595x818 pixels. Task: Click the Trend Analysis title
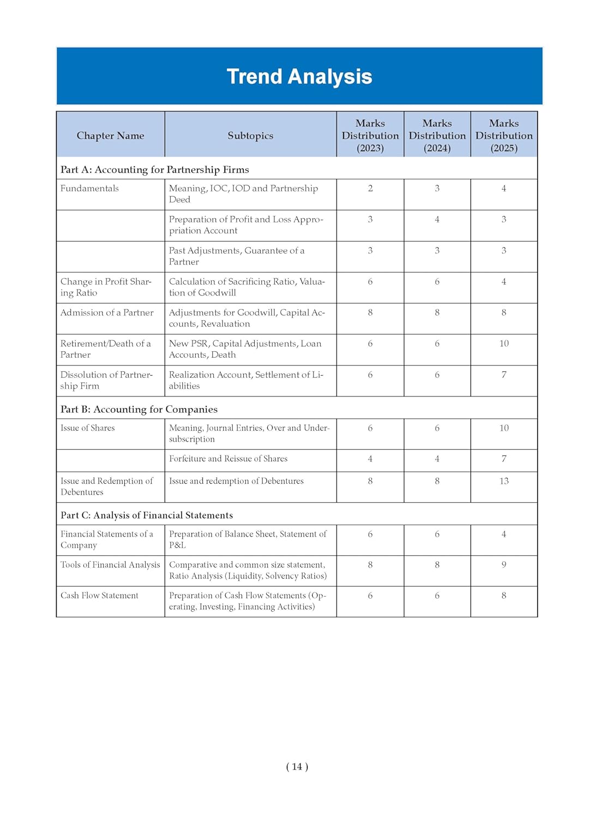(299, 77)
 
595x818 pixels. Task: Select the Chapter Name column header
(110, 136)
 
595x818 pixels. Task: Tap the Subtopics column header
(250, 136)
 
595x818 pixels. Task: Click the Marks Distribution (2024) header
(437, 136)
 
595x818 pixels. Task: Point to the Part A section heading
(154, 170)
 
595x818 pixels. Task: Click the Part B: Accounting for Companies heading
(139, 410)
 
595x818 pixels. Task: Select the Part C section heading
(146, 515)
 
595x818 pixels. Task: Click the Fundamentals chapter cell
(89, 189)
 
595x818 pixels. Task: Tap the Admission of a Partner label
(107, 313)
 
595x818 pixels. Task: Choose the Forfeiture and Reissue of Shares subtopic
(228, 459)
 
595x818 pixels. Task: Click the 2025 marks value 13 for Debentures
(504, 482)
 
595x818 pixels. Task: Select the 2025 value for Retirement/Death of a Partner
(504, 344)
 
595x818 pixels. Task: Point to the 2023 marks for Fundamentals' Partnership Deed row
(370, 189)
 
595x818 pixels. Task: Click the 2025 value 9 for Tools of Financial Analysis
(504, 565)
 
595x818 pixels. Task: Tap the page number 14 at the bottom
(297, 767)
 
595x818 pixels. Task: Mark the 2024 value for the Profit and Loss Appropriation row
(437, 220)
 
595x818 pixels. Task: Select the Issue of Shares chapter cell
(88, 428)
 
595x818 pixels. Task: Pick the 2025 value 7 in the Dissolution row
(504, 375)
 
